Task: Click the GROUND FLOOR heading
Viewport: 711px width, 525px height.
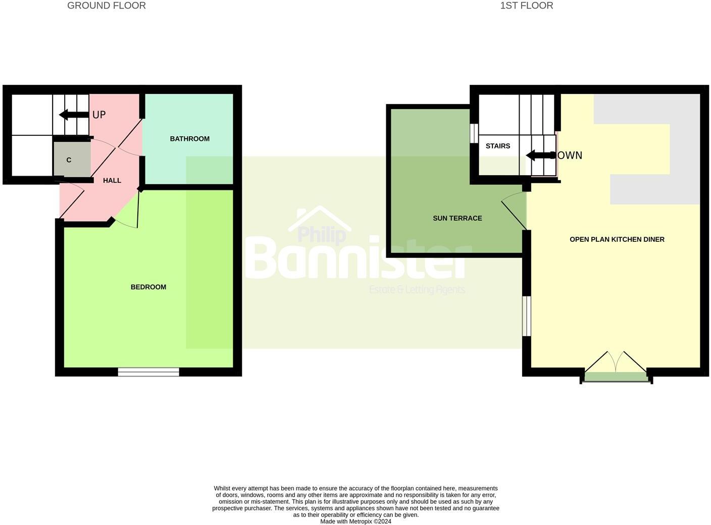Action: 107,6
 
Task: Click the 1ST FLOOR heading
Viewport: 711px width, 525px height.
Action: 526,6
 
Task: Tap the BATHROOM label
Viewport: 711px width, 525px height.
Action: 189,139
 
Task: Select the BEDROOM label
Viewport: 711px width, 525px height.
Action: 148,287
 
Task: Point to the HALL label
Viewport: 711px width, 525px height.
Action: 112,181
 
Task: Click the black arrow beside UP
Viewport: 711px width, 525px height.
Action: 74,115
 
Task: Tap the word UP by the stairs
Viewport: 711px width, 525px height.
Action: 99,115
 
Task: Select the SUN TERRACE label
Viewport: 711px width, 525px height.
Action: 457,219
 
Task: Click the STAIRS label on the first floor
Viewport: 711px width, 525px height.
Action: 498,146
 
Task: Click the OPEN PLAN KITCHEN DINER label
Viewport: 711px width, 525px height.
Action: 617,240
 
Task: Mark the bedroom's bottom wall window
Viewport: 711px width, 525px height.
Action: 148,372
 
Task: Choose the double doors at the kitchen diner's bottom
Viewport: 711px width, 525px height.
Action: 616,367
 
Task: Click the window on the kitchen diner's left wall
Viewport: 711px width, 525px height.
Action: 526,316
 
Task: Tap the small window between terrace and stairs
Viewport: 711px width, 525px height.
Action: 474,133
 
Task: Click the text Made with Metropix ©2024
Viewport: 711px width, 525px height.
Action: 355,521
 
